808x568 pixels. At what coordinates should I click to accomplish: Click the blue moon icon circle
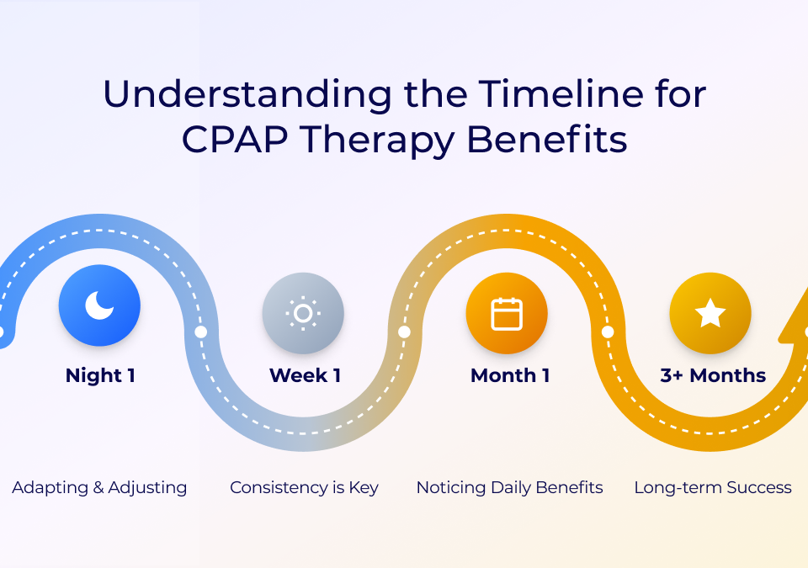point(99,305)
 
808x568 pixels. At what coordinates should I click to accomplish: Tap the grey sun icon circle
point(303,313)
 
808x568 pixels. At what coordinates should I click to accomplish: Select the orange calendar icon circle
point(507,313)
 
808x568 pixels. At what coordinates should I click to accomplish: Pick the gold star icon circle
point(710,313)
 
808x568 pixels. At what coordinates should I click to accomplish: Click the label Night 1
point(100,375)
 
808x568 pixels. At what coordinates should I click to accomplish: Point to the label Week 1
point(305,375)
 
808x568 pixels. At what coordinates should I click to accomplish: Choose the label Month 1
point(510,375)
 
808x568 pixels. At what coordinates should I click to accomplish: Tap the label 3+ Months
point(713,375)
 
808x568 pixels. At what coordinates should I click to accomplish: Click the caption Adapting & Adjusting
point(99,487)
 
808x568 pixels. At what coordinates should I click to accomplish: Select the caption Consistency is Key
point(304,487)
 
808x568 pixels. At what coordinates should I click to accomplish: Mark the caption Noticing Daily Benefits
point(509,487)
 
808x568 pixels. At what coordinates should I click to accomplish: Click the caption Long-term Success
point(713,487)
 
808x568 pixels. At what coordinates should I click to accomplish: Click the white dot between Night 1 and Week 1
point(200,332)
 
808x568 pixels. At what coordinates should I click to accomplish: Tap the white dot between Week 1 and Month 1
point(404,332)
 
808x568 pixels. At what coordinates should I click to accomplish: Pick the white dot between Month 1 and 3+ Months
point(608,332)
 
